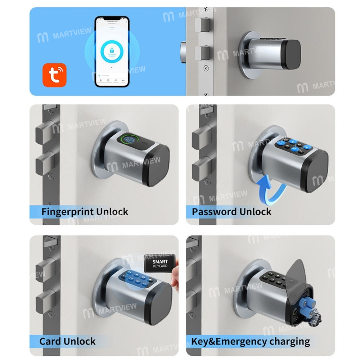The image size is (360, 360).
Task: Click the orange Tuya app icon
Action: [54, 75]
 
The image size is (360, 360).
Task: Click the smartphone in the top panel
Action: [112, 51]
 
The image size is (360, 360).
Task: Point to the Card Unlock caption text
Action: [68, 341]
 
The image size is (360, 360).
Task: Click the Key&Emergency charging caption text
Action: [251, 341]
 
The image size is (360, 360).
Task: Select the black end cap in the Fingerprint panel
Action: [158, 166]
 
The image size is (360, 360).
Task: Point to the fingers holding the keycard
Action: [175, 279]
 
